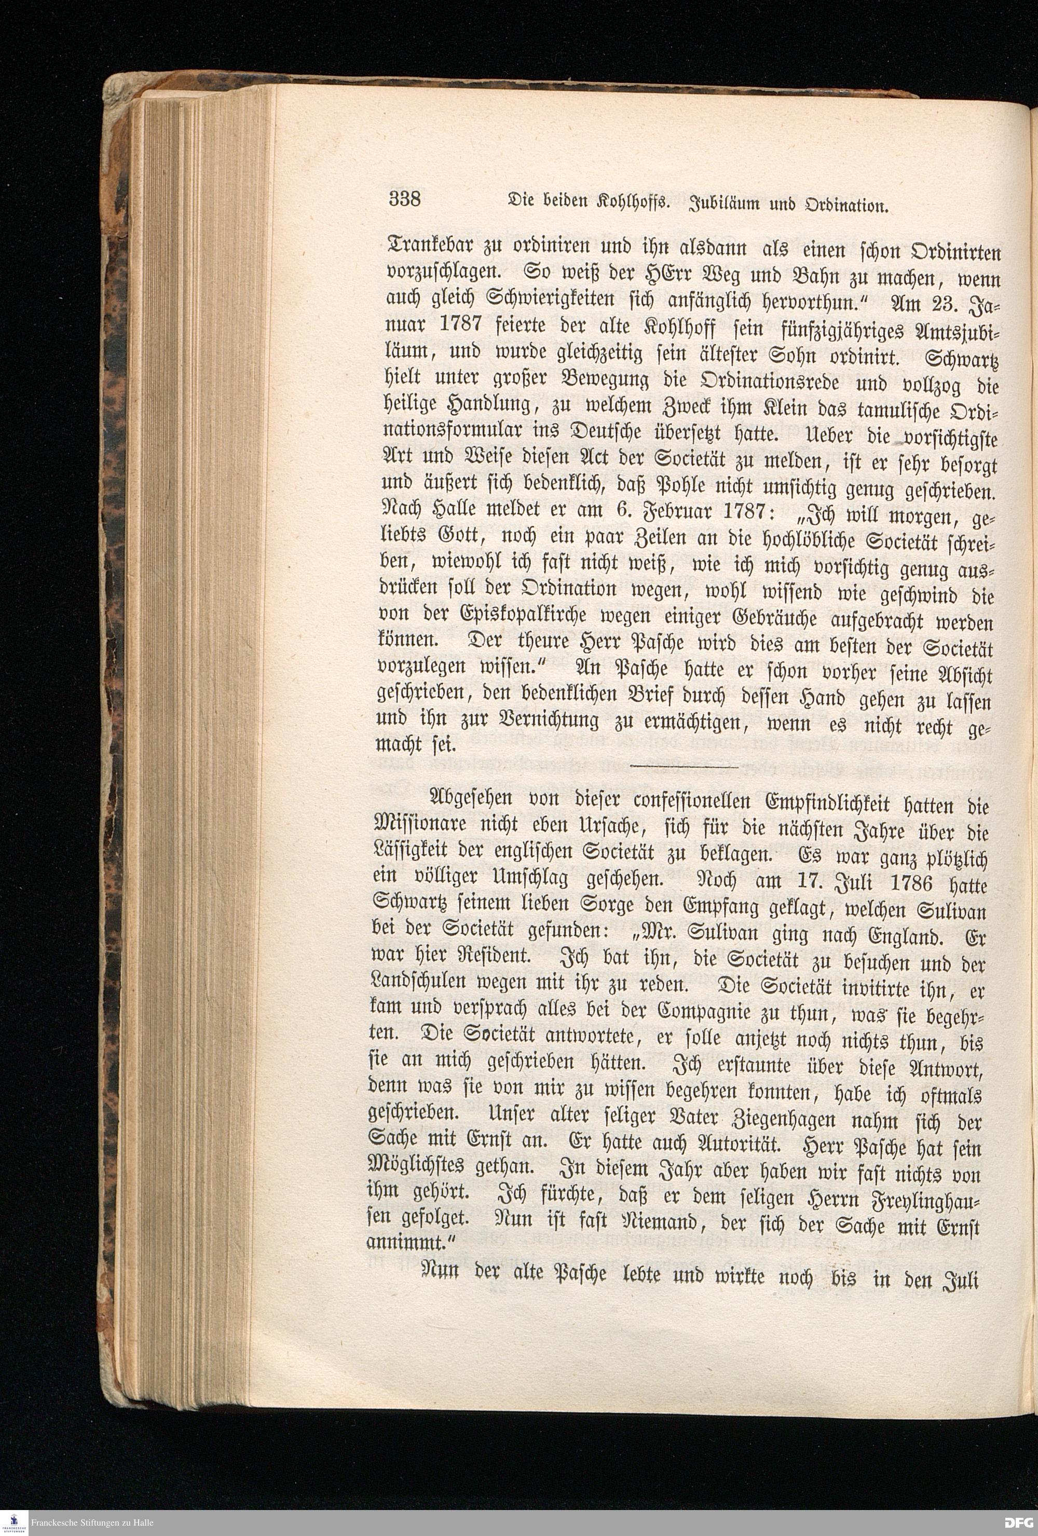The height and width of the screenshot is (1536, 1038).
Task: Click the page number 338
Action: pos(405,198)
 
